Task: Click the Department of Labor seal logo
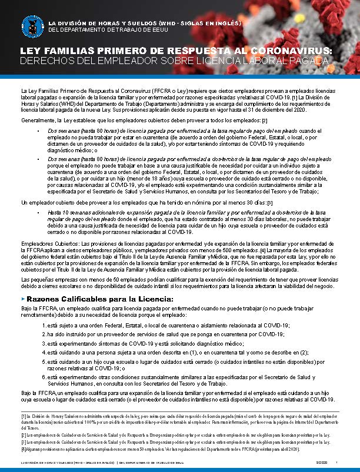[x=32, y=25]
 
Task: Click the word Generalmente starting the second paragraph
[x=36, y=120]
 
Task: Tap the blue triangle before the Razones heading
[x=22, y=299]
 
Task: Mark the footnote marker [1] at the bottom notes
[x=24, y=416]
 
